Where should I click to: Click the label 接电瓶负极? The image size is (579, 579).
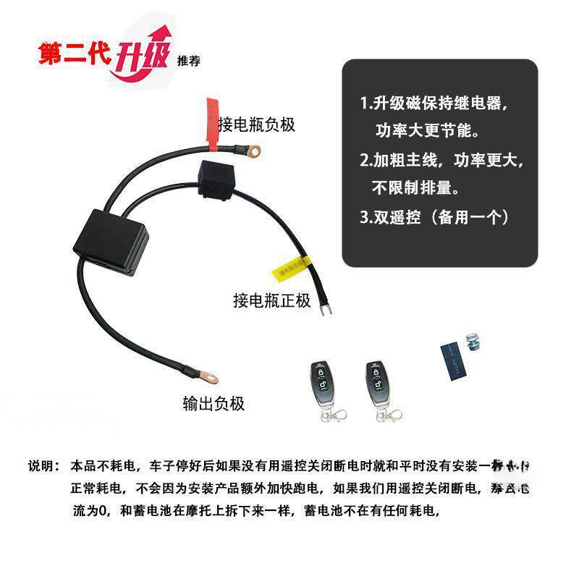tap(256, 125)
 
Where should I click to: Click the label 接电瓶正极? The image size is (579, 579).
tap(271, 300)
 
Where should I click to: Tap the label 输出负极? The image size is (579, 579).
tap(214, 403)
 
